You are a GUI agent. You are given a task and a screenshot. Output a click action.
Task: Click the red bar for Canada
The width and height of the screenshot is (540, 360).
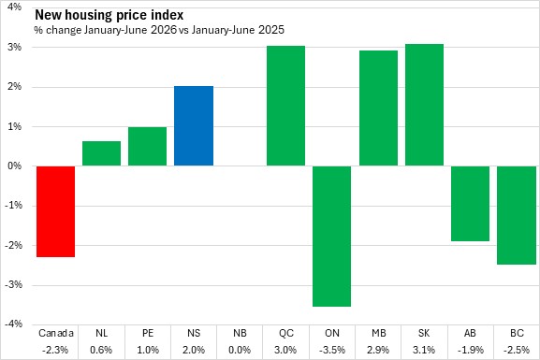pos(56,211)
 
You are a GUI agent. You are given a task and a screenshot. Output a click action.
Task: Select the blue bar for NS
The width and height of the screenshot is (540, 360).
pos(194,125)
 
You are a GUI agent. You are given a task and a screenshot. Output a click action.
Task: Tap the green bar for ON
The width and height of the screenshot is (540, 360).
pos(331,236)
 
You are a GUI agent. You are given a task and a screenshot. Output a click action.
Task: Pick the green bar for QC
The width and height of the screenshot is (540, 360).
pos(285,106)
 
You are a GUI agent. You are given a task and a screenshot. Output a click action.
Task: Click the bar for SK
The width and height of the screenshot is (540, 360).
pos(424,105)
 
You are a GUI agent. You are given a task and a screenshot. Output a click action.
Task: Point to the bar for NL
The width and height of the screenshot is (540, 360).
pos(102,153)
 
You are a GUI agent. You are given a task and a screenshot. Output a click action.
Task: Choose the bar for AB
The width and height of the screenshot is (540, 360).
pos(470,204)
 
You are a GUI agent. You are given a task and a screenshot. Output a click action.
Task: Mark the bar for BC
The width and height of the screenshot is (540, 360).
pos(517,215)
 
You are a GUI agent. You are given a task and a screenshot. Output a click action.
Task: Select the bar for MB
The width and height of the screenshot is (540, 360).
pos(378,108)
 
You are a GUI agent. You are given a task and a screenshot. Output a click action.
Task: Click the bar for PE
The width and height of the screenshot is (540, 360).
pos(147,146)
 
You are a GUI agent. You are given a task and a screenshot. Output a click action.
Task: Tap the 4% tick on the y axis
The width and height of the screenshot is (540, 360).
pos(14,7)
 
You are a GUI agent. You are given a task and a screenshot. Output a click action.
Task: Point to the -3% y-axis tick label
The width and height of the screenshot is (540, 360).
pos(13,285)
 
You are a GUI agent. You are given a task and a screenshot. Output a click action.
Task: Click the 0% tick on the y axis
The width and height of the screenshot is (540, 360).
pos(14,166)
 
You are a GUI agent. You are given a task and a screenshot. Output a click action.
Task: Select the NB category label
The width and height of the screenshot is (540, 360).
pos(240,333)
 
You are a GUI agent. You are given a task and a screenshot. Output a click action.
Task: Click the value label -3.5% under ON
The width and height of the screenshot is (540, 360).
pos(332,350)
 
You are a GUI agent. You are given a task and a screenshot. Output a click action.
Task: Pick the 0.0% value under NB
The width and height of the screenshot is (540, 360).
pos(240,350)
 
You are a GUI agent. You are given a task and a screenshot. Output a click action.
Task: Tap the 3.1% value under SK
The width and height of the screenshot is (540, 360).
pos(424,350)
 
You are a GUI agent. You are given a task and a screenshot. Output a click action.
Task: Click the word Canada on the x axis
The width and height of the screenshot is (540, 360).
pos(56,333)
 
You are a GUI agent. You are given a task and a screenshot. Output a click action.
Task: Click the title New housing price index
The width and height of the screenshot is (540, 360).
pos(109,15)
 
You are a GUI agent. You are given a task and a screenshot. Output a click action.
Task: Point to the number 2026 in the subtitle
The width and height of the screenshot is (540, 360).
pos(163,30)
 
